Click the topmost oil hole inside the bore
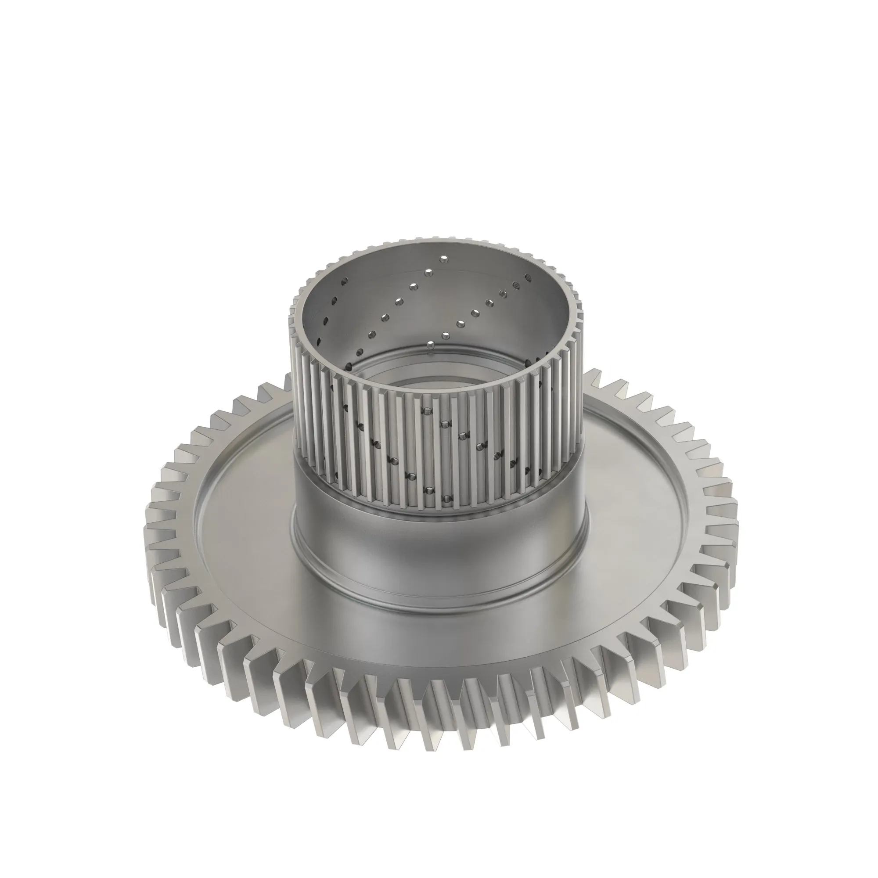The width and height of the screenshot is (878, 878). click(443, 259)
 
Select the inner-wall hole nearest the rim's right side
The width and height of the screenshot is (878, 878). click(528, 276)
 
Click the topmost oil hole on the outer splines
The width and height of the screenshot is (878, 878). click(427, 411)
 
